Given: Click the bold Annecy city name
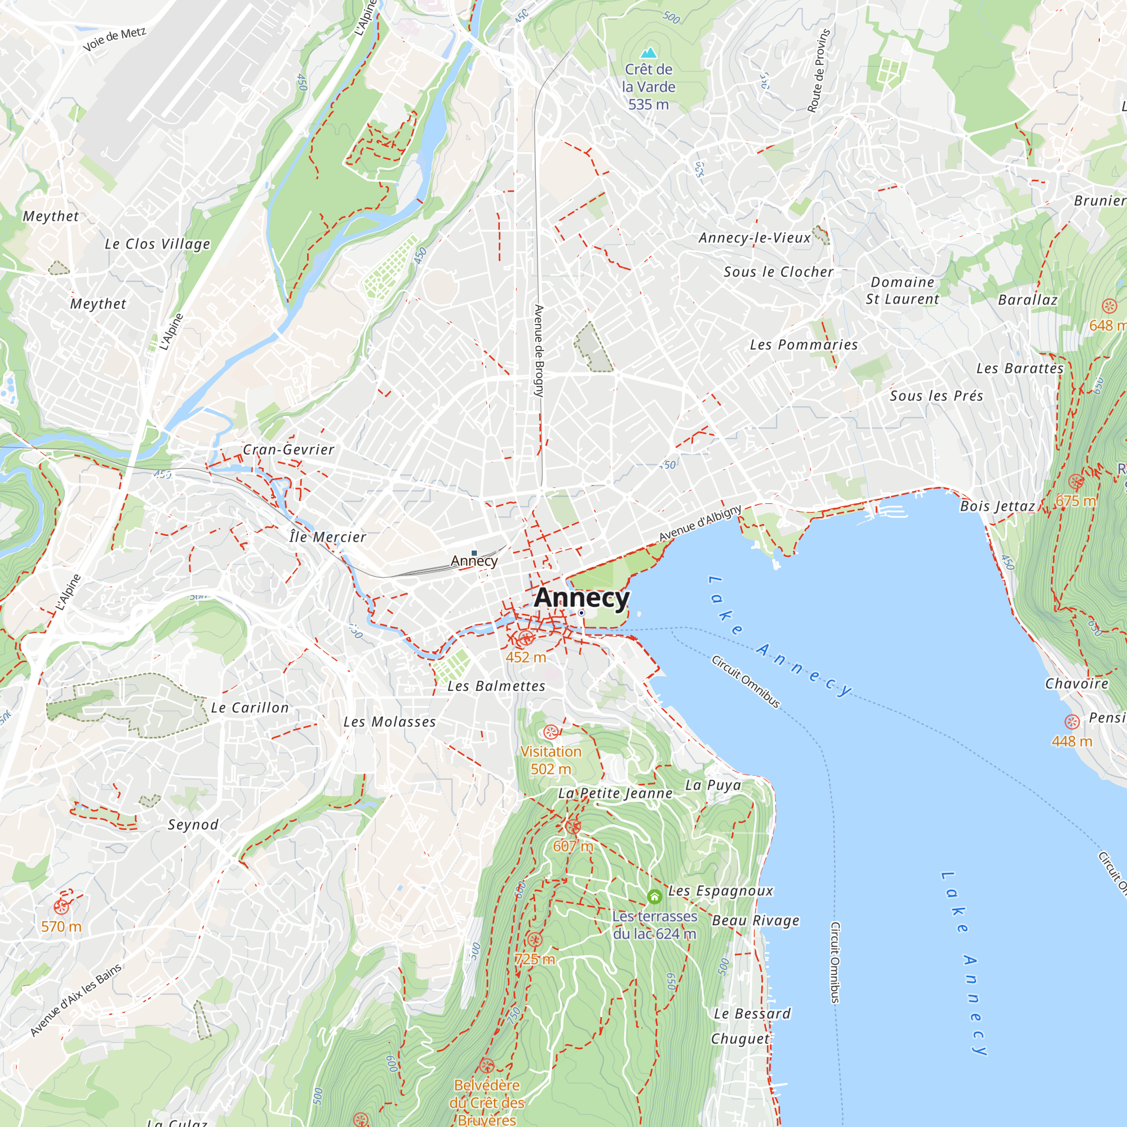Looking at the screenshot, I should pos(582,597).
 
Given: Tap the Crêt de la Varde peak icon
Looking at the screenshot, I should pos(649,53).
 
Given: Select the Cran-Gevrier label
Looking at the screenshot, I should pos(288,450).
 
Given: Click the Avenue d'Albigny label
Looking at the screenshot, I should pos(700,523).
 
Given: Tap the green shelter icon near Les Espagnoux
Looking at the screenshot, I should pos(654,896).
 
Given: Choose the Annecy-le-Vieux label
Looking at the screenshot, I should pos(755,238).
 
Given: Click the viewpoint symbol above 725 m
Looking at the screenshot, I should pos(534,939).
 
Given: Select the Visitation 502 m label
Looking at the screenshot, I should pos(551,760).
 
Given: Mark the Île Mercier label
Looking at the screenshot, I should pos(328,537).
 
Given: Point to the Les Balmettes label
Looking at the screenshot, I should pos(496,686).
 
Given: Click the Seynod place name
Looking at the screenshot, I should pos(193,825).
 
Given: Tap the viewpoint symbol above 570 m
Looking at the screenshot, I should pos(61,907).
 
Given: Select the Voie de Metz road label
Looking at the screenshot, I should pos(114,39).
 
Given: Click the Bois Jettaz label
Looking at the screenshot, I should pos(997,507).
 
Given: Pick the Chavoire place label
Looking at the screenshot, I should pos(1076,684).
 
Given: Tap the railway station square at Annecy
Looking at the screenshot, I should pos(474,553).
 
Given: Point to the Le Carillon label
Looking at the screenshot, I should pos(250,708).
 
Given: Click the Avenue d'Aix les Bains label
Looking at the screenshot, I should pos(76,1000).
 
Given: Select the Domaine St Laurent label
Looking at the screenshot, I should pos(902,291).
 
